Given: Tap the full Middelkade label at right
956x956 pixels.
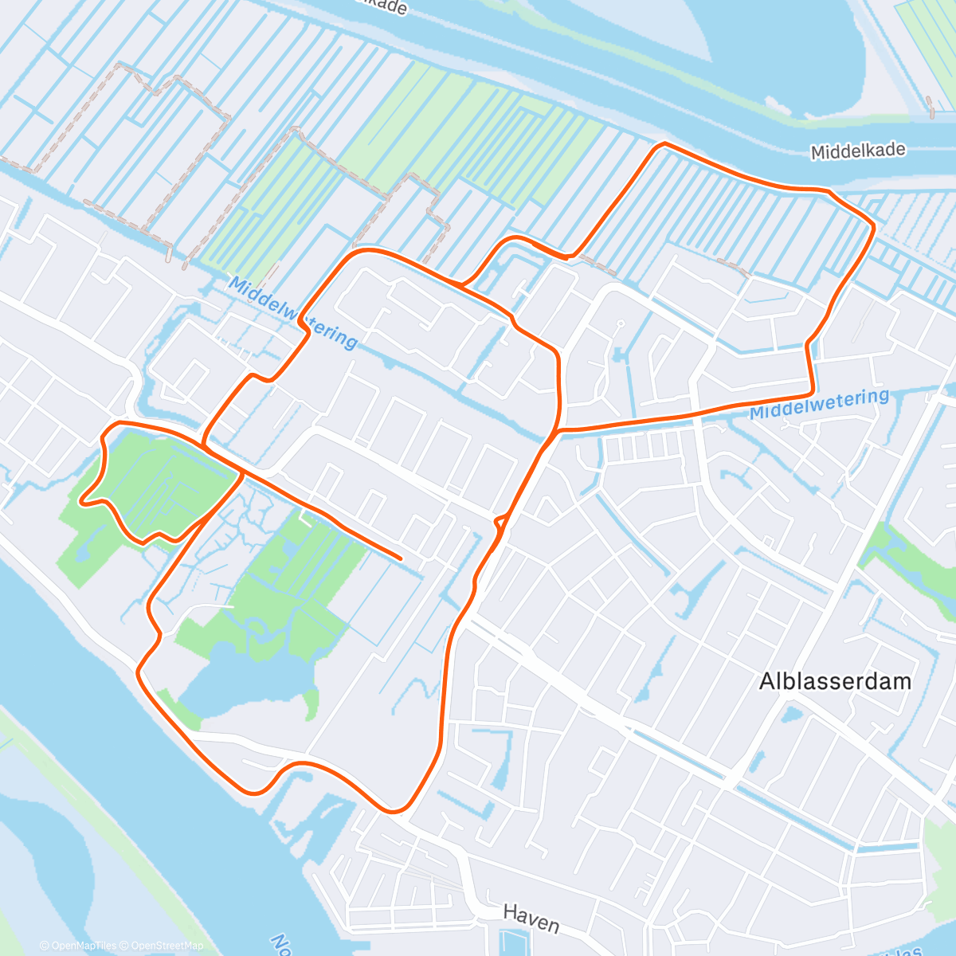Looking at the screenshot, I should coord(858,151).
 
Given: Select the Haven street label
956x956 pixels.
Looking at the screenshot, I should coord(531,919).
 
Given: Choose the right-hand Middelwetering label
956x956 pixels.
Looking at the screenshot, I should coord(819,404).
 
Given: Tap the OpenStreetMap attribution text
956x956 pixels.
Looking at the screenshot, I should coord(167,946).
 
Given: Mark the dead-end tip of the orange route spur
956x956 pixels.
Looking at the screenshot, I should coord(400,558).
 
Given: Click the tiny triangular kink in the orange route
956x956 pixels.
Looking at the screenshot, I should coord(500,522).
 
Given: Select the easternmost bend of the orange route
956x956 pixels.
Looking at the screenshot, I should coord(873,227).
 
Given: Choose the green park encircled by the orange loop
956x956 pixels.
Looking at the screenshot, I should coord(159,482).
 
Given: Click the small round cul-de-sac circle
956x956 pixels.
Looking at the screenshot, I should coord(619,323).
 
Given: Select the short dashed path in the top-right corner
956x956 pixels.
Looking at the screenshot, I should coord(930,107).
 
